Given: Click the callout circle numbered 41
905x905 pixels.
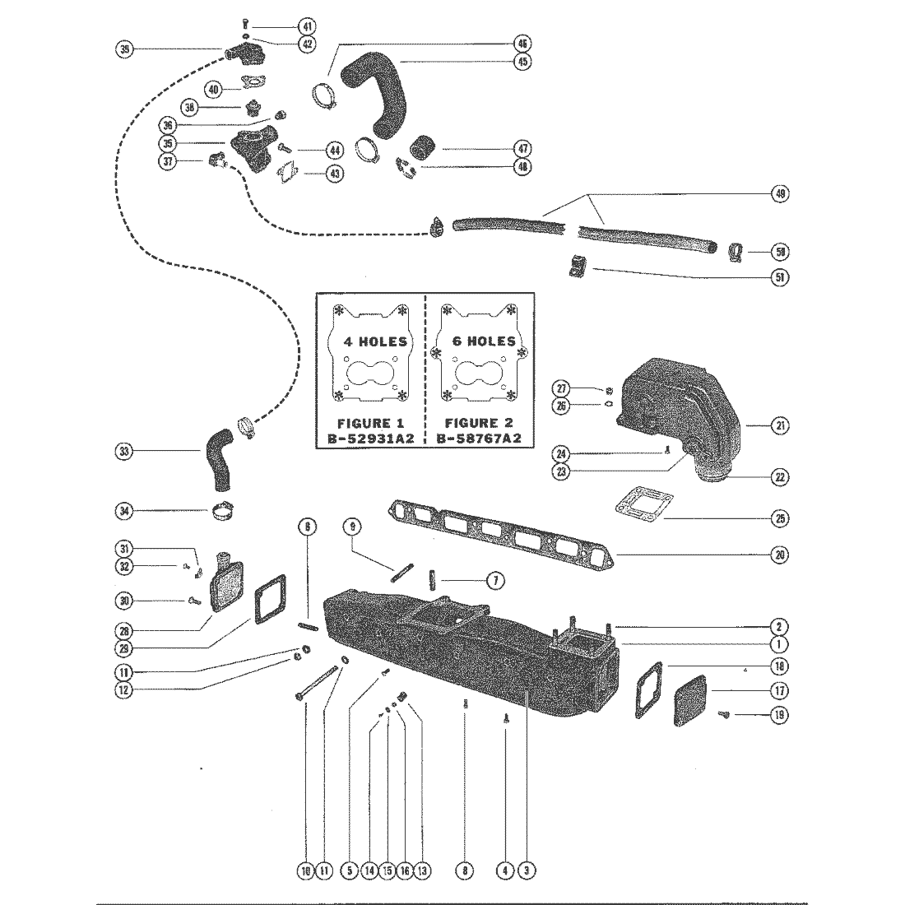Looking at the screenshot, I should [286, 26].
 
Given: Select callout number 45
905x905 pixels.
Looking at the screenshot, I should [522, 61].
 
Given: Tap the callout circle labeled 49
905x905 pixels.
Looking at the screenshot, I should [779, 194].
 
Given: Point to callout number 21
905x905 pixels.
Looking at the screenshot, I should [779, 425].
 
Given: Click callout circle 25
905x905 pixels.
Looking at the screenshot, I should [779, 517].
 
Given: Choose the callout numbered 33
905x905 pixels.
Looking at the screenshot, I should [124, 451].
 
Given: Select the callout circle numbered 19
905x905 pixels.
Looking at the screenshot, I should [779, 714].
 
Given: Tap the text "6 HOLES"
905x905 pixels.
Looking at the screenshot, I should [485, 341].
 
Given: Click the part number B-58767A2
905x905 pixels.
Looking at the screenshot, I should [478, 439].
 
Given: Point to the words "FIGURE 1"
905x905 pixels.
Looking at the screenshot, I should [368, 423].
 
